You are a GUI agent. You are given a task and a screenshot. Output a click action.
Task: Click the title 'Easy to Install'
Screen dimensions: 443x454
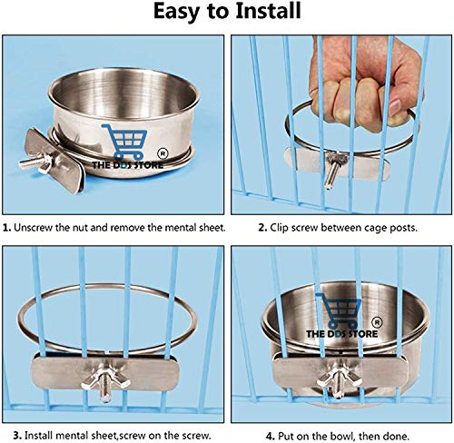[226, 12]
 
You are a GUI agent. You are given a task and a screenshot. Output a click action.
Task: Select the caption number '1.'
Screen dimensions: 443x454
[7, 227]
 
